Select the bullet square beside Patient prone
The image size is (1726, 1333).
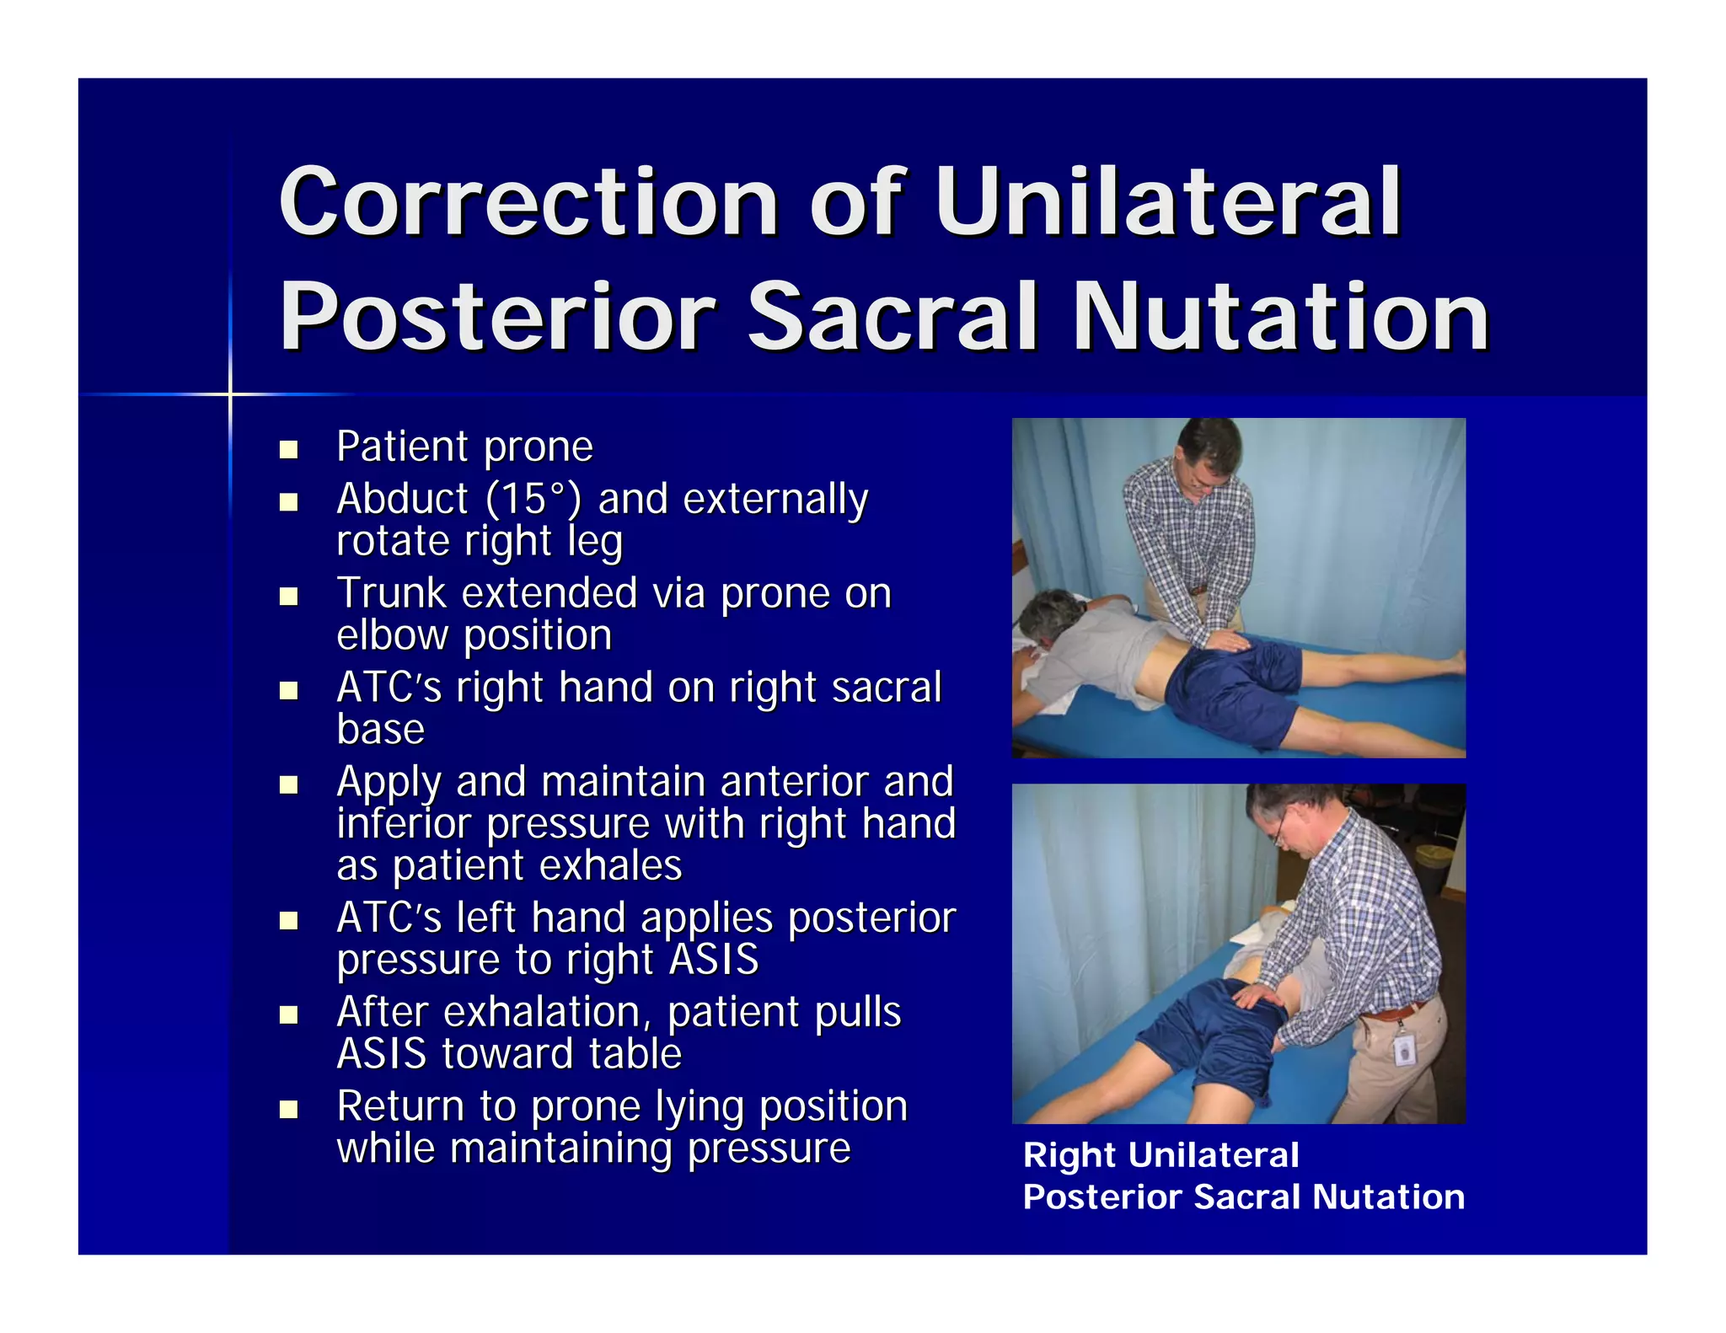pos(289,449)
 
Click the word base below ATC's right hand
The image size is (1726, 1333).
pos(380,730)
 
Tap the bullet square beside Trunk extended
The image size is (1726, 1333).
pos(289,597)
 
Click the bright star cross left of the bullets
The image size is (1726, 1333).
pos(230,393)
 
